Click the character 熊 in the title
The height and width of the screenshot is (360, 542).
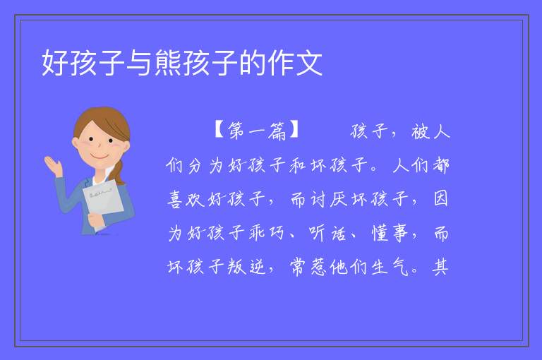[x=169, y=63]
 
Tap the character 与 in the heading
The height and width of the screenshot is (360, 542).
[x=140, y=63]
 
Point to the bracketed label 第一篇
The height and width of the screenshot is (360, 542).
[x=257, y=131]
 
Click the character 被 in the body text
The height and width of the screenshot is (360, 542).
[x=420, y=131]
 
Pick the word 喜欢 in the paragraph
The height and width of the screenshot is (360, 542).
[x=186, y=199]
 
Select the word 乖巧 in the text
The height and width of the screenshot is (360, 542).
[x=267, y=233]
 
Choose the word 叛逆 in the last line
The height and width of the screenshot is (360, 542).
[x=246, y=267]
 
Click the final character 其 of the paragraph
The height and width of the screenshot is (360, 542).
[x=440, y=267]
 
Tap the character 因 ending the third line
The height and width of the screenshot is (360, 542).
[x=440, y=199]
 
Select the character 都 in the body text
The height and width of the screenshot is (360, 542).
[x=440, y=165]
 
